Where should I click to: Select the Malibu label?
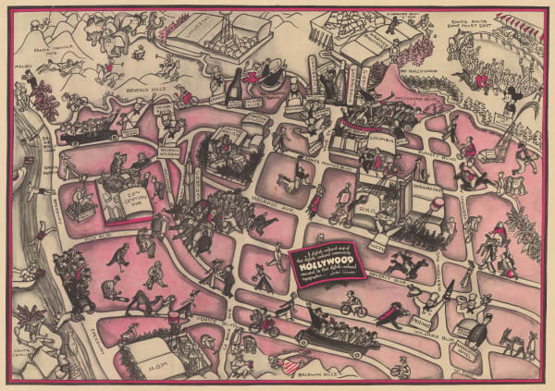pos(24,67)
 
